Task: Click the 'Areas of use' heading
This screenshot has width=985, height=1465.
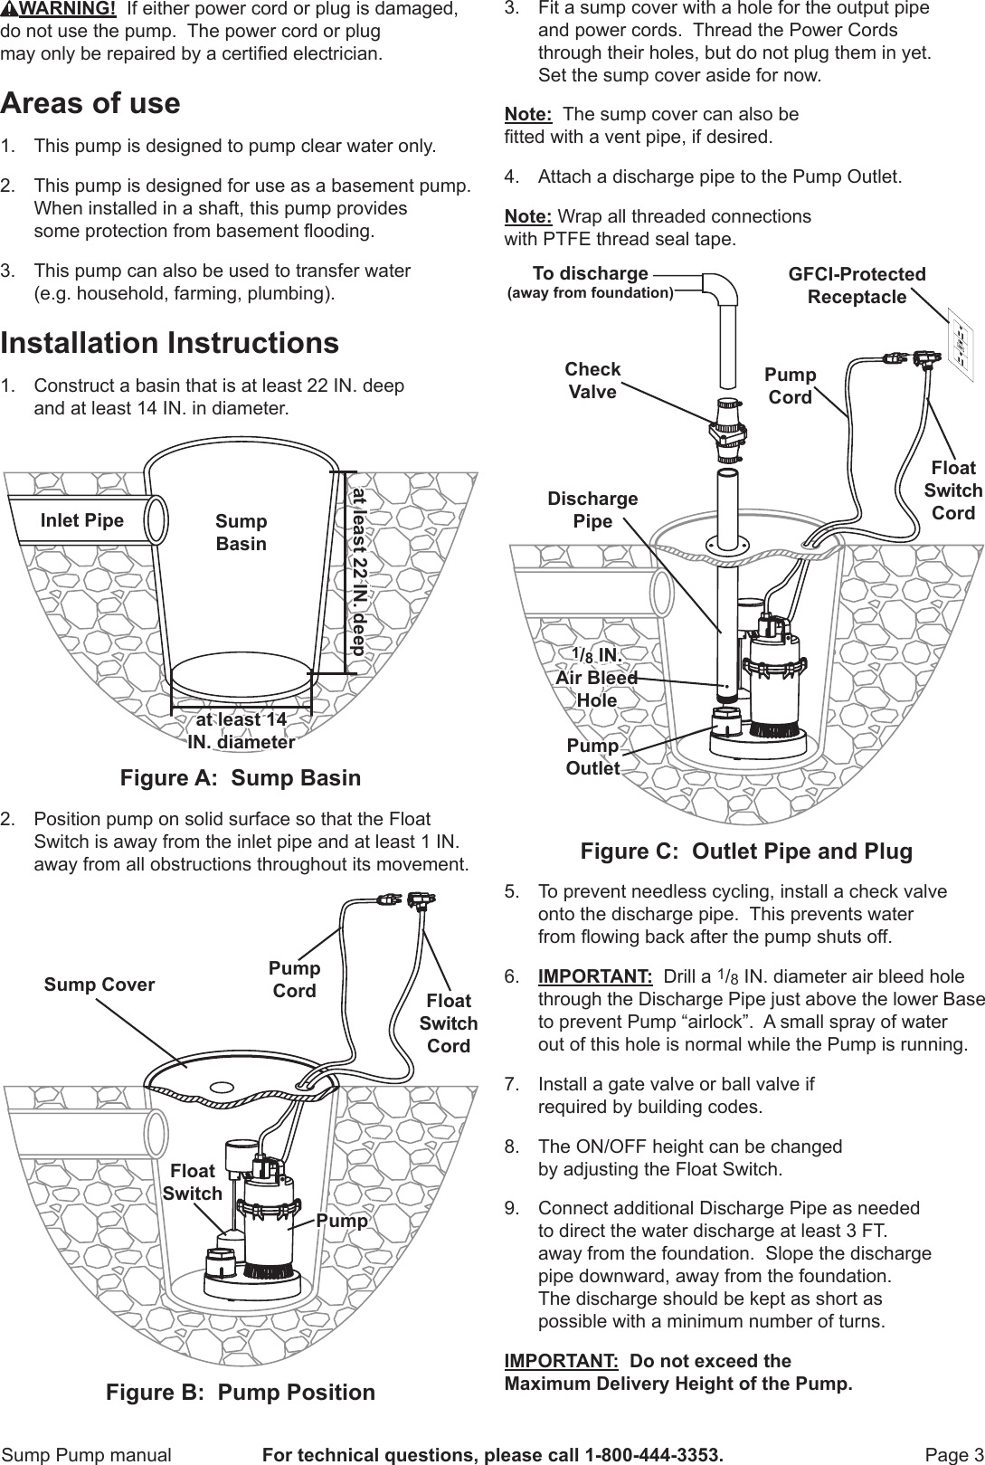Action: (90, 103)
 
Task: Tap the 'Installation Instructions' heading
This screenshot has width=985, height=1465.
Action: (170, 343)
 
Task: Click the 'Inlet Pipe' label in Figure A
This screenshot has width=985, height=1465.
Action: (82, 520)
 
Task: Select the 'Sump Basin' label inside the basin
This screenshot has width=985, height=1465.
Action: (241, 532)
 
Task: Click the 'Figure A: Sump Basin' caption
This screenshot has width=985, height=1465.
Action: (241, 778)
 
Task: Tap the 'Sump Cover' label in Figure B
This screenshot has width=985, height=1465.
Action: (99, 985)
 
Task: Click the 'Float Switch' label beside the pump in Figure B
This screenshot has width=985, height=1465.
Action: (193, 1182)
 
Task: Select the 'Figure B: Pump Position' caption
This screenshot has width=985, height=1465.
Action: (241, 1393)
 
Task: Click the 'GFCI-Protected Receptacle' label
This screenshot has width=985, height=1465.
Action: (857, 285)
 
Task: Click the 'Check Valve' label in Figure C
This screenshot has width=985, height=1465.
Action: (592, 380)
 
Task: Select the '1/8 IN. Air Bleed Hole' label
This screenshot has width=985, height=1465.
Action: (596, 677)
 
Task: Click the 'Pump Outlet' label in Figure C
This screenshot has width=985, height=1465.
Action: (592, 756)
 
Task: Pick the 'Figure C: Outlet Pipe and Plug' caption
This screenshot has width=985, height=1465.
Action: (746, 851)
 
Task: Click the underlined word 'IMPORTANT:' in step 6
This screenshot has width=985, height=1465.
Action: (595, 977)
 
